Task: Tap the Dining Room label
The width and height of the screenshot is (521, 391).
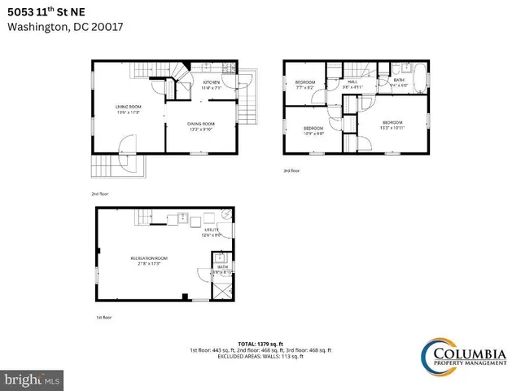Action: (x=201, y=125)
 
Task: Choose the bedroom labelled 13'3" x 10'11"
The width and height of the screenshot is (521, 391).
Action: (x=392, y=124)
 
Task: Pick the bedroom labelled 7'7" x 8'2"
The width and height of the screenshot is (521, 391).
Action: (x=305, y=84)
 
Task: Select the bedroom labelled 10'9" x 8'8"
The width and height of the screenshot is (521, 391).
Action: (x=313, y=130)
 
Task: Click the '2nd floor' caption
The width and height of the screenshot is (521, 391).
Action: (x=101, y=195)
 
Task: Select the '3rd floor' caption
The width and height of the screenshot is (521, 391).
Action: (x=291, y=171)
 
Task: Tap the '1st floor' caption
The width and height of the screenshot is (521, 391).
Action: (x=103, y=317)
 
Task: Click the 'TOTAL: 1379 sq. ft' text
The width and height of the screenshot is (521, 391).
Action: (x=260, y=345)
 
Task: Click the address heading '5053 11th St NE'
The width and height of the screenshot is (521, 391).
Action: (x=51, y=10)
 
